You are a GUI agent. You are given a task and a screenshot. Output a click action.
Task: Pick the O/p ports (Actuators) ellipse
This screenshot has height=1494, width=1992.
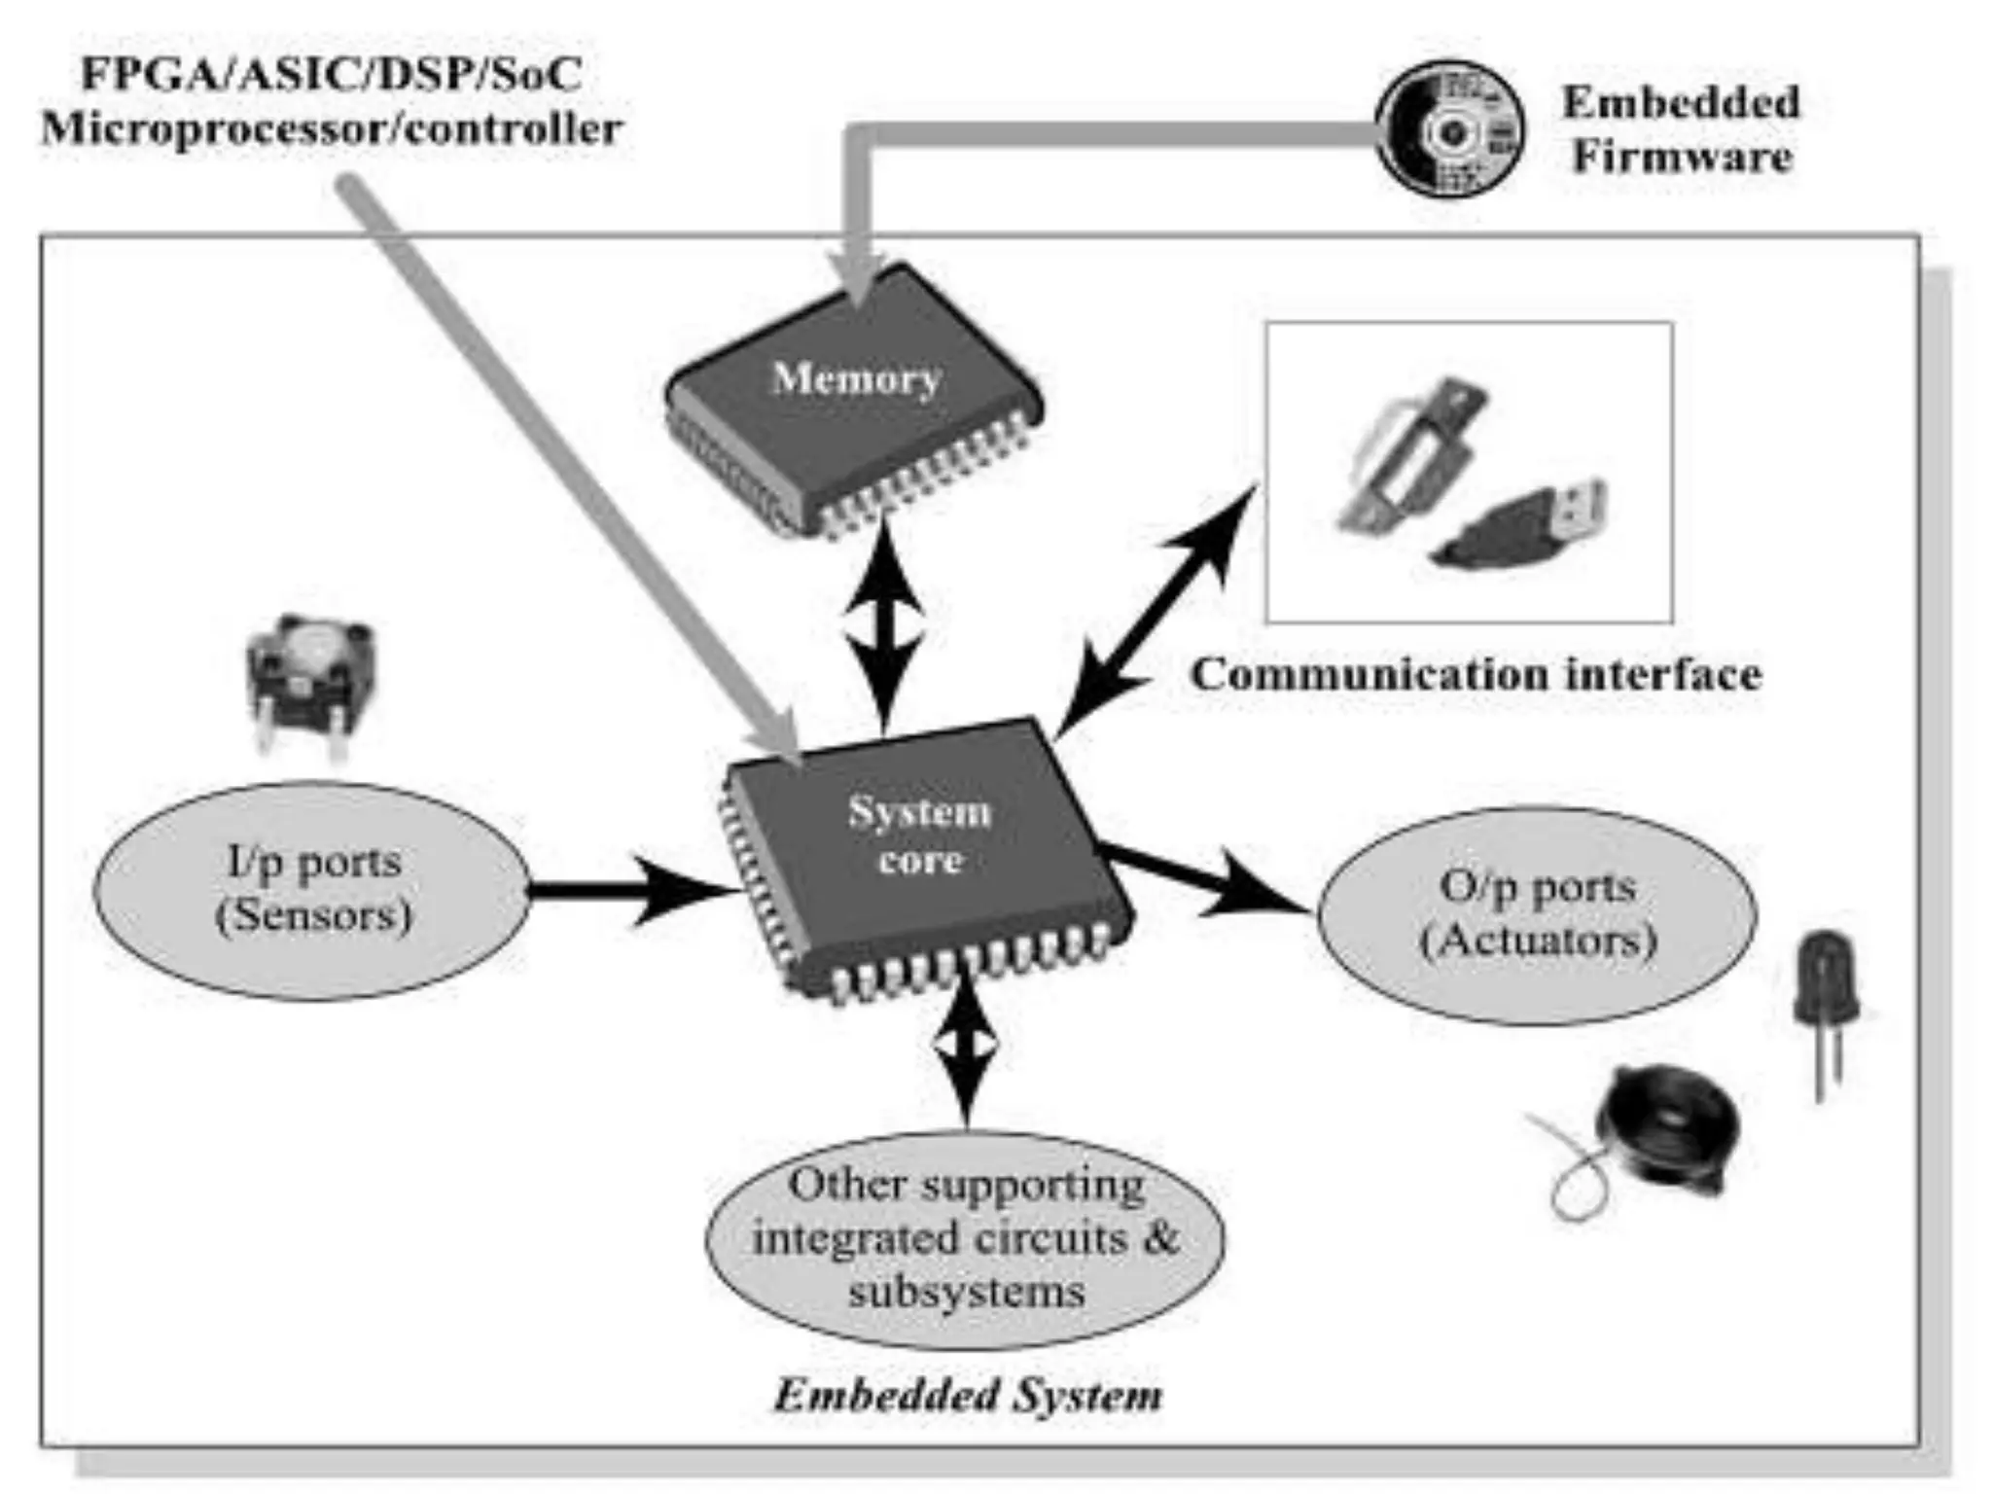point(1537,914)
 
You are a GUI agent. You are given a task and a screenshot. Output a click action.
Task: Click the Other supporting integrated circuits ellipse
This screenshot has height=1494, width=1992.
point(965,1238)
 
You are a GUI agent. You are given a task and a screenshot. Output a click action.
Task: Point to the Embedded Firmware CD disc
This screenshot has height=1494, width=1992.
point(1450,129)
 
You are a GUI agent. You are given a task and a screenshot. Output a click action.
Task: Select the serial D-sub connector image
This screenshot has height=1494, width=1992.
point(1410,457)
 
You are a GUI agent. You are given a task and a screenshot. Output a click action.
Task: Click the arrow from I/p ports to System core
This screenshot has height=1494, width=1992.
point(632,890)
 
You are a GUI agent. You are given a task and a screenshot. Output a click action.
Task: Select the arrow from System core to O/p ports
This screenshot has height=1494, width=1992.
point(1206,880)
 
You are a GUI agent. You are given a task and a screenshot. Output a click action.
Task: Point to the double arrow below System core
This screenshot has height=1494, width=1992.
point(965,1046)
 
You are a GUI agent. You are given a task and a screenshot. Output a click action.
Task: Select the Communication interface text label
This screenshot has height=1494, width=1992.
point(1476,674)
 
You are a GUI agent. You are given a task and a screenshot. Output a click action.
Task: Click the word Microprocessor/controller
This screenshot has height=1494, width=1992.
point(331,128)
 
